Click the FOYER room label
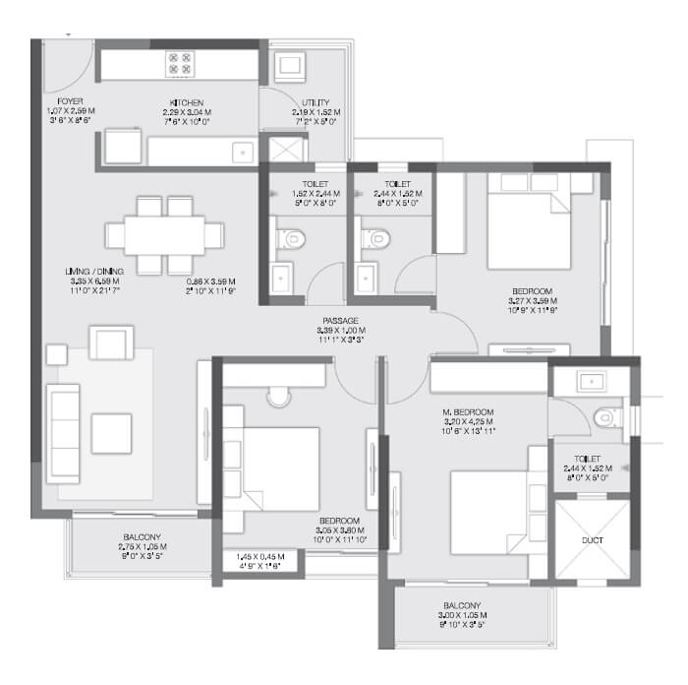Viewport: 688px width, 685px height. (69, 101)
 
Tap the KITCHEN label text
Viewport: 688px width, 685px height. (187, 102)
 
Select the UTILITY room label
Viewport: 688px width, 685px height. (316, 102)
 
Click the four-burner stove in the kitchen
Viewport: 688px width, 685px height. (180, 64)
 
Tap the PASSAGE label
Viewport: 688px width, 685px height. (339, 320)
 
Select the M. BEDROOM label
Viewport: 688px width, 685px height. (468, 411)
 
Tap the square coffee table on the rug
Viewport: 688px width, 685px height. (111, 432)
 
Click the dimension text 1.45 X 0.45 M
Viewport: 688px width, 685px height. (257, 557)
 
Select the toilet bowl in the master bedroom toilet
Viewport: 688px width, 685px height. (605, 418)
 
